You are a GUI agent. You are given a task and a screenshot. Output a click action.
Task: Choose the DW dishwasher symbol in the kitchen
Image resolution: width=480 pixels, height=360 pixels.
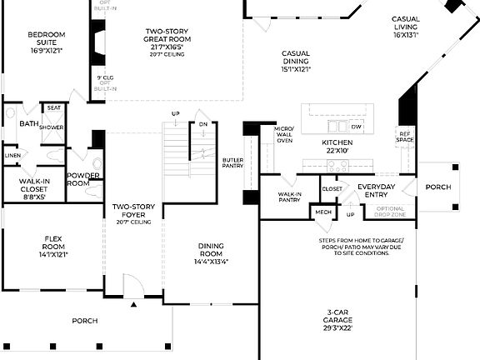tap(356, 127)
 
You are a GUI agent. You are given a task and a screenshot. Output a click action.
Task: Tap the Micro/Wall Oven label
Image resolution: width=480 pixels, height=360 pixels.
tap(283, 134)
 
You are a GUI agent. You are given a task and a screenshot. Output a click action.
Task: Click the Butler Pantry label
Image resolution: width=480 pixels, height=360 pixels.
tap(232, 163)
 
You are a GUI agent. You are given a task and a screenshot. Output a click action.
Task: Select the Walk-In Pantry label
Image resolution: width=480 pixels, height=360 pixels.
tap(289, 197)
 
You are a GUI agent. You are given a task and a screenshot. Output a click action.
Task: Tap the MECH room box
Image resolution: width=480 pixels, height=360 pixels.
tap(322, 212)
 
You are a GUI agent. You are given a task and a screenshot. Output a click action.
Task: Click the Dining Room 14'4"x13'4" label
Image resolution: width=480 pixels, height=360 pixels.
tap(211, 253)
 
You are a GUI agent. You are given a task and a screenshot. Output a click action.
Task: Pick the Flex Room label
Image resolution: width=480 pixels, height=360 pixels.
tap(53, 246)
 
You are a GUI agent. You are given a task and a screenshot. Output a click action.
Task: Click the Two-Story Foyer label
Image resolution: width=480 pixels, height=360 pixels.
tap(133, 213)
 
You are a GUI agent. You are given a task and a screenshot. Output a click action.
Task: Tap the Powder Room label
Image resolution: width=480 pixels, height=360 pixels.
tap(83, 180)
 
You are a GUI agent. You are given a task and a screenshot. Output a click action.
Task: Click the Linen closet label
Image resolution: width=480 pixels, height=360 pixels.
tap(12, 155)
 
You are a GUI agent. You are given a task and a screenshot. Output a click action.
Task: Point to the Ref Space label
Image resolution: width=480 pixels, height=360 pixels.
tap(405, 137)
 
